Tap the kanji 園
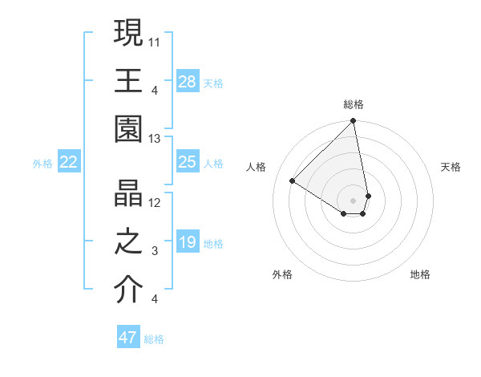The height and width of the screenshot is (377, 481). (x=129, y=128)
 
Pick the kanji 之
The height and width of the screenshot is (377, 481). (x=129, y=241)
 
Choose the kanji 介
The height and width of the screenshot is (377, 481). (x=129, y=290)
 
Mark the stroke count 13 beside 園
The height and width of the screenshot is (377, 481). (x=156, y=139)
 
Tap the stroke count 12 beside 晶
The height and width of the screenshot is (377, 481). (x=156, y=201)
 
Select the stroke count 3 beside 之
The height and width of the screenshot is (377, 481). (x=155, y=251)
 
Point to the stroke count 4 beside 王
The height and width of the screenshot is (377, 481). (x=155, y=89)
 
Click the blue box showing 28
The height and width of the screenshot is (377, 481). (x=187, y=81)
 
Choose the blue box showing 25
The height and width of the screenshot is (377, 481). (x=187, y=162)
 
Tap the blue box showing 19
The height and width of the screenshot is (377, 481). (x=187, y=242)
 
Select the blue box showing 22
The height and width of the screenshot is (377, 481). (x=69, y=162)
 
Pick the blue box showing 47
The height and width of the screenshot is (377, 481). (x=128, y=337)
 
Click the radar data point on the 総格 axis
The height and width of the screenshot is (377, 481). (x=354, y=122)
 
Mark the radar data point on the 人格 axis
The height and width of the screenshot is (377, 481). (x=293, y=181)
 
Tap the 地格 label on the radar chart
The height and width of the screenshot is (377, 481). (x=420, y=274)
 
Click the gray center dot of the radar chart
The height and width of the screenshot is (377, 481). (x=354, y=199)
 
